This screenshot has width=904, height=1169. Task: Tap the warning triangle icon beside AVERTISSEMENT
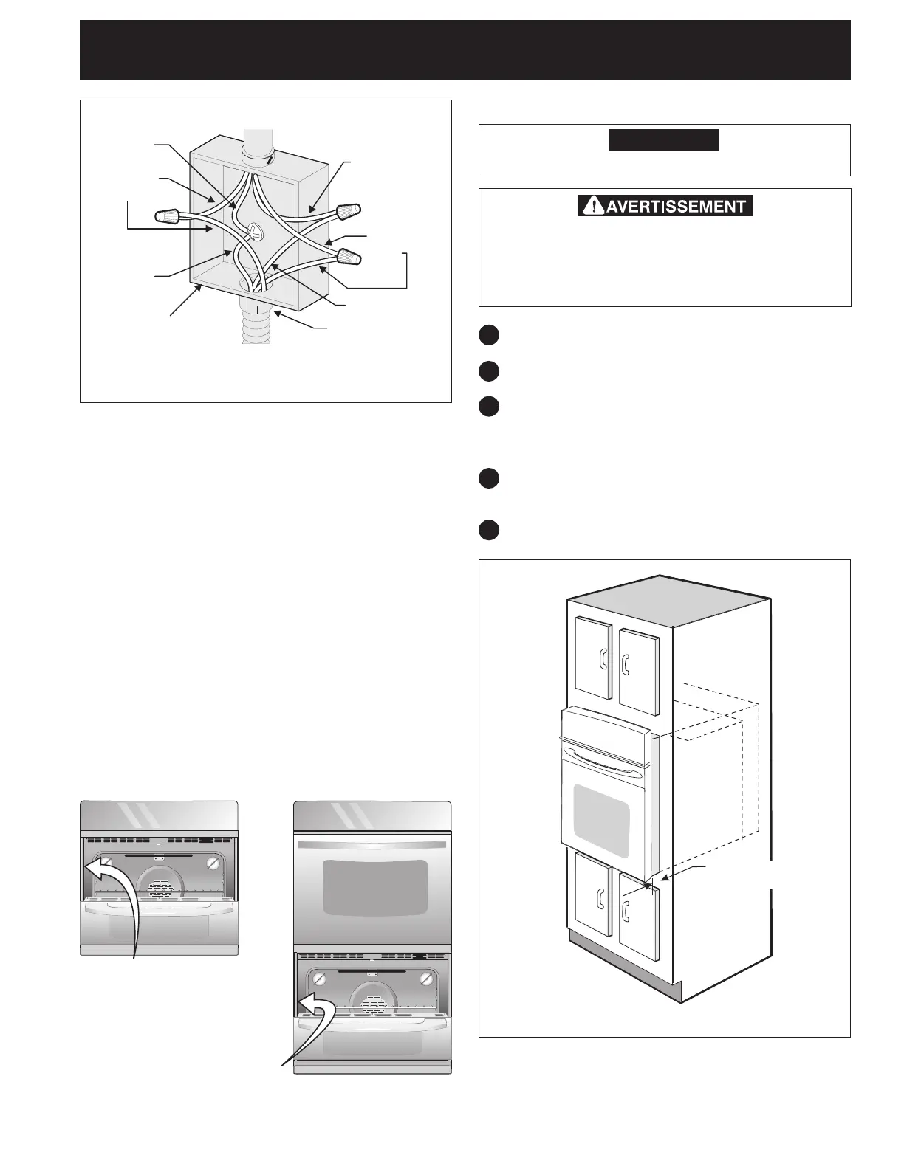coord(590,206)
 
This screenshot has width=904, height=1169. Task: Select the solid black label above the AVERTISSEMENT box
coord(663,140)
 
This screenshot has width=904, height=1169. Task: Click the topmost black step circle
coord(487,335)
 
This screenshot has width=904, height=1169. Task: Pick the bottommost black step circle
coord(487,531)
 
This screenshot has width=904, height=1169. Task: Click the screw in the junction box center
coord(254,231)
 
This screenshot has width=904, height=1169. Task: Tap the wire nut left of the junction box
coord(168,216)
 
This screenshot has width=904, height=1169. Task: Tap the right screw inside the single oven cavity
coord(213,863)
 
